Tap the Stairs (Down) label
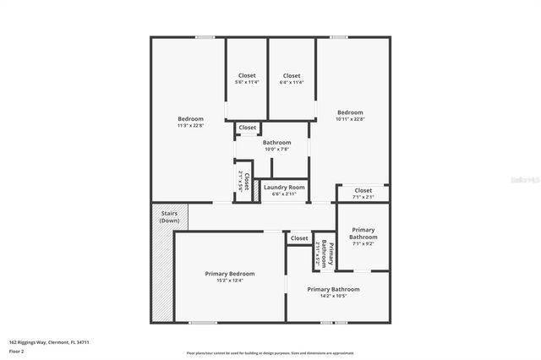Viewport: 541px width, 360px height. click(169, 215)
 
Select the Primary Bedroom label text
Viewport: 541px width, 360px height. click(230, 274)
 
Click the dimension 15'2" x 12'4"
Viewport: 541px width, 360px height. click(230, 281)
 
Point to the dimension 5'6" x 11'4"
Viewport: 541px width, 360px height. click(246, 82)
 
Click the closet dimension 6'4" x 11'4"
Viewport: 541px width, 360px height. click(292, 82)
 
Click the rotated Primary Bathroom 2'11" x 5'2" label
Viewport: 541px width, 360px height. click(320, 252)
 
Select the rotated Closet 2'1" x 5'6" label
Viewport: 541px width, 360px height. click(244, 182)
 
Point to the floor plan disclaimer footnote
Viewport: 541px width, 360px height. click(270, 353)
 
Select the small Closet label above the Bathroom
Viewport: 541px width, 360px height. click(248, 128)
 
